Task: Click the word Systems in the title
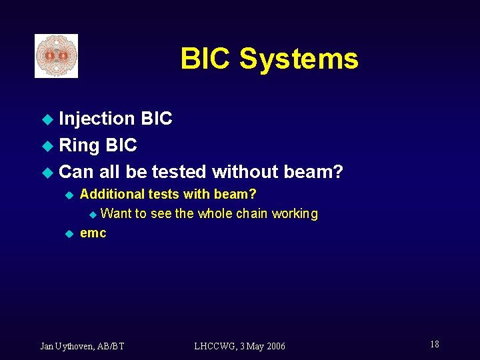click(x=299, y=59)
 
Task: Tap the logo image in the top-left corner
click(x=57, y=56)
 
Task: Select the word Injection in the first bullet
click(x=97, y=119)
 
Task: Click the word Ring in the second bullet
click(x=79, y=145)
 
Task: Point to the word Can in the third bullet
click(x=76, y=172)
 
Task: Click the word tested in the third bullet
click(x=179, y=172)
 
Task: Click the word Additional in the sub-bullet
click(x=112, y=194)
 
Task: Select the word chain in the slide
click(x=252, y=214)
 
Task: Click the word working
click(x=295, y=214)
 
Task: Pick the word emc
click(x=93, y=233)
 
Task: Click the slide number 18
click(x=435, y=344)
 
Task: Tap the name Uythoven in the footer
click(x=77, y=346)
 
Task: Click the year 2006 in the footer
click(x=274, y=346)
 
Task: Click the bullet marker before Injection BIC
click(x=47, y=120)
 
